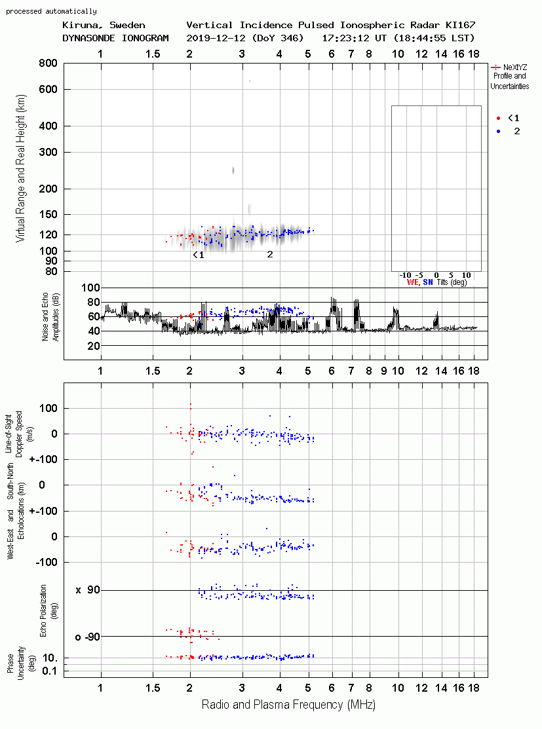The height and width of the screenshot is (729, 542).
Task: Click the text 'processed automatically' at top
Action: (x=51, y=11)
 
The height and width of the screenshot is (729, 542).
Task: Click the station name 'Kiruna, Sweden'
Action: (x=104, y=25)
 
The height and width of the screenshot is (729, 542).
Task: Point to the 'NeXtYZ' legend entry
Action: (x=515, y=67)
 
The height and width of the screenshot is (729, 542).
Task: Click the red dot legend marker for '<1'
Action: (x=498, y=118)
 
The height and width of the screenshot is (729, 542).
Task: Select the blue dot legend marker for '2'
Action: (x=498, y=131)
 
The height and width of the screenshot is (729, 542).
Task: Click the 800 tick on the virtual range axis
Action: (x=48, y=63)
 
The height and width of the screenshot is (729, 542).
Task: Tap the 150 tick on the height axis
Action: (x=48, y=214)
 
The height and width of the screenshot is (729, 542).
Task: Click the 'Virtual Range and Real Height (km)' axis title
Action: (x=20, y=168)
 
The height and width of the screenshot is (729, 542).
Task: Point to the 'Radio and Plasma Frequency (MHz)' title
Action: (x=288, y=705)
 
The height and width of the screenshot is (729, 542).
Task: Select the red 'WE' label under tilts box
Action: (x=413, y=282)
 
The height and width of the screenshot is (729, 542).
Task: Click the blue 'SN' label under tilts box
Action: (x=428, y=282)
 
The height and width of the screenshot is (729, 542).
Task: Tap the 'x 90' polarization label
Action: (x=88, y=590)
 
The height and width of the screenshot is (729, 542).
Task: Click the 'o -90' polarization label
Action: (x=87, y=637)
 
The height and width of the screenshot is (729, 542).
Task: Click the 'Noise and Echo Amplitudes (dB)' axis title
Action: (x=50, y=316)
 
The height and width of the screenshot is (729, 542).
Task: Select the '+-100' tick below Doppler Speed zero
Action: (x=43, y=459)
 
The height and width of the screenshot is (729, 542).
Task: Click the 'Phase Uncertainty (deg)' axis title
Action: (x=15, y=664)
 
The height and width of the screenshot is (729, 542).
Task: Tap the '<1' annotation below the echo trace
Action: (x=199, y=255)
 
